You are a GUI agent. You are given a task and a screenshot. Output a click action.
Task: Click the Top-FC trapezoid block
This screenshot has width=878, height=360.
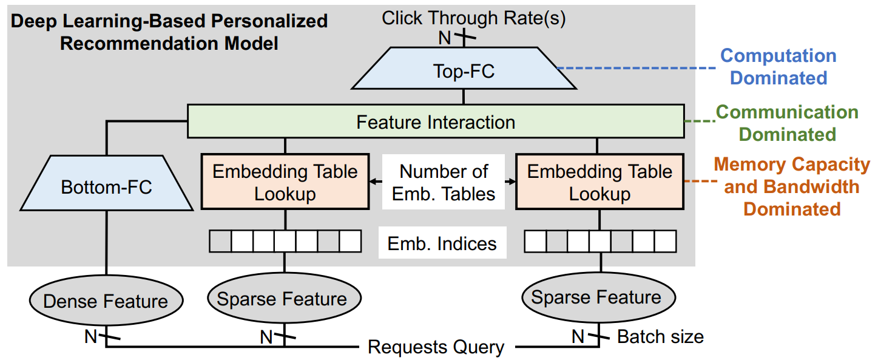coord(464,72)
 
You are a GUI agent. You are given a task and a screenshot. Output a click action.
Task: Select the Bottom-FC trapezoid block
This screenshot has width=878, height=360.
coord(106,187)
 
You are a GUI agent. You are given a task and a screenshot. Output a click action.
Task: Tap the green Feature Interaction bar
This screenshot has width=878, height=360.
coord(435,122)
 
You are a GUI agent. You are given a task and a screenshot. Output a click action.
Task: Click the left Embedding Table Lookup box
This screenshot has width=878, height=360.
coord(285,182)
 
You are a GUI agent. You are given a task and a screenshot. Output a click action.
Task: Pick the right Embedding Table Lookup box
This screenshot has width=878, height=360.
coord(599,182)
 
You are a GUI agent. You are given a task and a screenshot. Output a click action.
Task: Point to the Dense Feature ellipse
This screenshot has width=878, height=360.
coord(106,301)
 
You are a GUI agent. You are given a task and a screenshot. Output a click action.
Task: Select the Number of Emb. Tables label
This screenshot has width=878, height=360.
coord(443,182)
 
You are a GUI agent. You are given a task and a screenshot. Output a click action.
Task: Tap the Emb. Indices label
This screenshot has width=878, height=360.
coord(442,243)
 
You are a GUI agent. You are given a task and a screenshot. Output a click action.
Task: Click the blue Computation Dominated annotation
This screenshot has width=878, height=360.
coord(778,67)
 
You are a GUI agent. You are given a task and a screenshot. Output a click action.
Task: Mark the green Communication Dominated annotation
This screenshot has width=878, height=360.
coord(788,123)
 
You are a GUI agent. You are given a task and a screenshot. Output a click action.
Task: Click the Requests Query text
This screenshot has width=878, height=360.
coord(436,347)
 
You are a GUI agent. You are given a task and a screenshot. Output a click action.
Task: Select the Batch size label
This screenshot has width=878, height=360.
coord(660,336)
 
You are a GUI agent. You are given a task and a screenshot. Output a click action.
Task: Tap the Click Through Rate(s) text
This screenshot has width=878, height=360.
coord(473,18)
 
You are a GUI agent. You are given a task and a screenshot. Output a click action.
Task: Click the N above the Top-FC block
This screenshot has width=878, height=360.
coord(445,38)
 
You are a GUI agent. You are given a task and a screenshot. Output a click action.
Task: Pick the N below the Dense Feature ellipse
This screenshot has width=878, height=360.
coord(90,336)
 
